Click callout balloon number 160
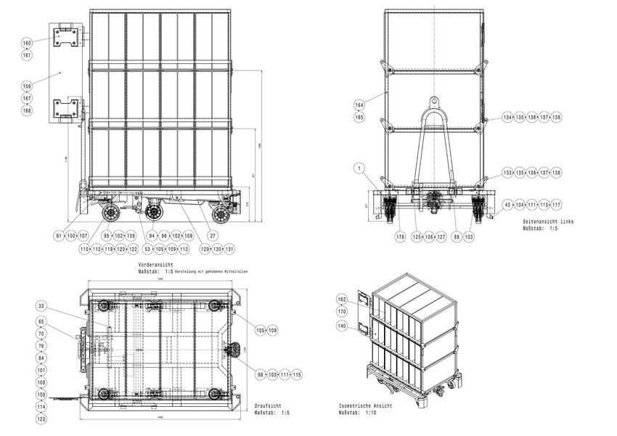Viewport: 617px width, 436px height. (x=27, y=44)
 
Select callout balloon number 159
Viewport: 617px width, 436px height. (x=27, y=86)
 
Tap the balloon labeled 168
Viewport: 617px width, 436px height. (x=27, y=110)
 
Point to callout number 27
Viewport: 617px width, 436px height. (x=213, y=235)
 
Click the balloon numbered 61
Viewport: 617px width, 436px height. (x=59, y=235)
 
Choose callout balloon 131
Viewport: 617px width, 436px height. (x=230, y=249)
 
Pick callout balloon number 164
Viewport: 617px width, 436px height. (x=359, y=105)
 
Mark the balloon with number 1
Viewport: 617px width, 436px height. (x=359, y=168)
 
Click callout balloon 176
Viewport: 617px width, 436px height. (x=400, y=236)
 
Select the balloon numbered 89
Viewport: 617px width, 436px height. (x=457, y=236)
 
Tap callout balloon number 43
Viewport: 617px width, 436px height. (x=508, y=205)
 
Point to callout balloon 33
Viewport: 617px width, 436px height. (x=41, y=306)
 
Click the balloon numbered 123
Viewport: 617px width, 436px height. (x=41, y=419)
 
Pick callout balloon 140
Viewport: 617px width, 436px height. (x=342, y=326)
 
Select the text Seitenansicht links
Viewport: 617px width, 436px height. (x=547, y=221)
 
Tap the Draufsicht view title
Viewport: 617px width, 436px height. (x=267, y=406)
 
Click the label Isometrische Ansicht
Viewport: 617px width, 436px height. (x=366, y=405)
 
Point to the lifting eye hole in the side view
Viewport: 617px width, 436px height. (x=434, y=101)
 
